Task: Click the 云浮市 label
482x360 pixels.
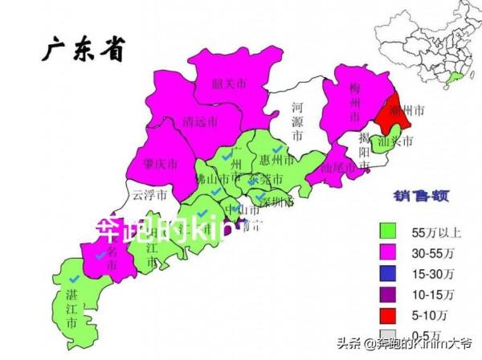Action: (149, 194)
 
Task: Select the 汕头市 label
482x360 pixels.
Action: (394, 141)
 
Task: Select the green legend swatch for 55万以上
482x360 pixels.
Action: (389, 230)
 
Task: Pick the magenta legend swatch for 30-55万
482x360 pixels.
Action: (389, 251)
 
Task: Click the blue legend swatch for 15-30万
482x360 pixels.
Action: (389, 272)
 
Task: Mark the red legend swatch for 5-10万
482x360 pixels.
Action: (389, 313)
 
